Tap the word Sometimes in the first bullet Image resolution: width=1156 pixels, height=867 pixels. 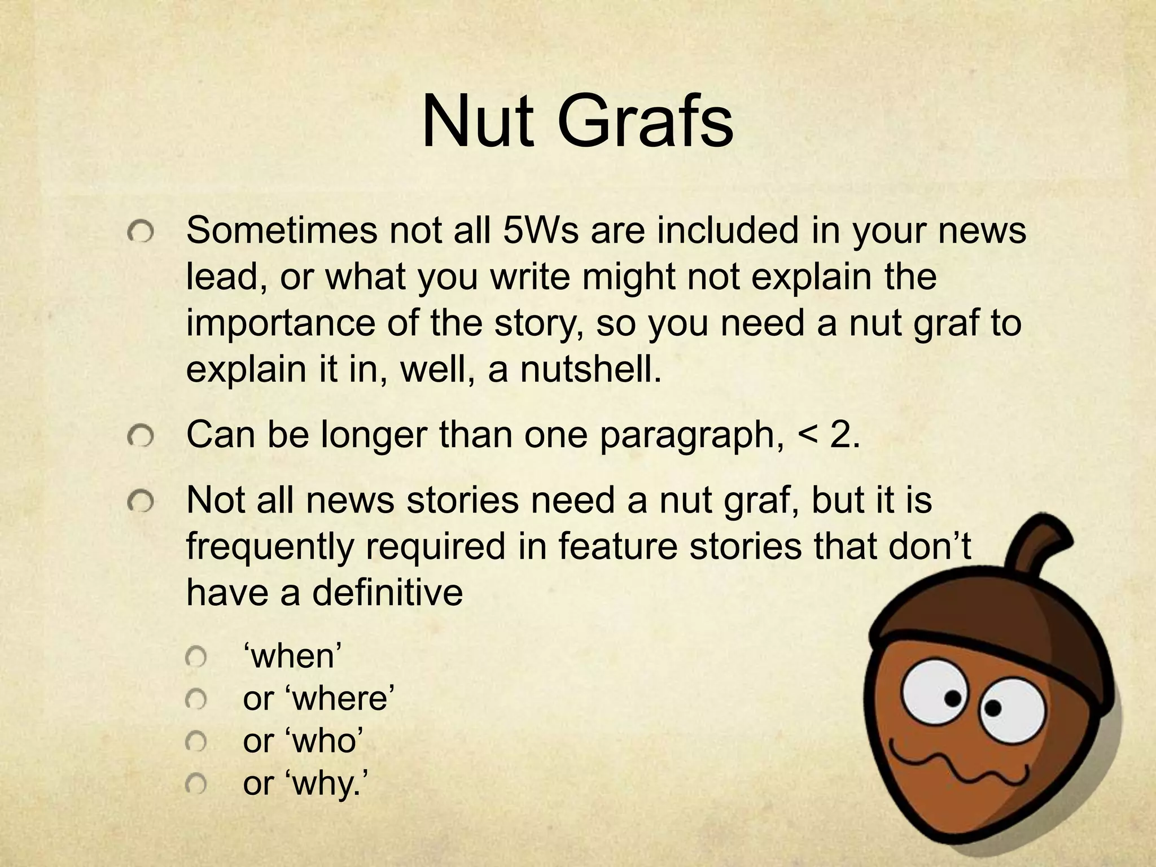click(281, 231)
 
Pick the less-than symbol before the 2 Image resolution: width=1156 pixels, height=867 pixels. click(806, 435)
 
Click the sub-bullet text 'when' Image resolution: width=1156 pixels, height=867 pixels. click(292, 656)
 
